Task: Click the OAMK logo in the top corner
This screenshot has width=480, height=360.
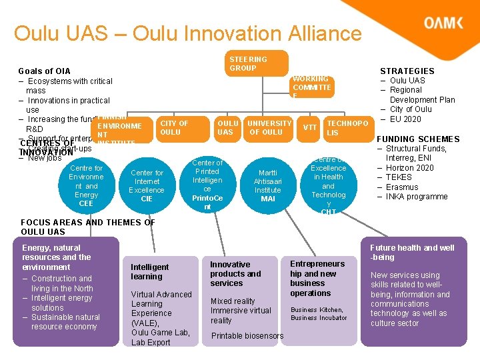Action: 443,23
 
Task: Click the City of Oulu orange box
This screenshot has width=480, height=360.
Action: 175,127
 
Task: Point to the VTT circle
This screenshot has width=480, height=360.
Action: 310,127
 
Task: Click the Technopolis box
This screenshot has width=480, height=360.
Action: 346,128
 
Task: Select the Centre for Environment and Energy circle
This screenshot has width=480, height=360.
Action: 86,185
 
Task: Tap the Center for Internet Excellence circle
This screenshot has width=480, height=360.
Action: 147,185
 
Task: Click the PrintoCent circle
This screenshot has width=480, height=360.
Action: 207,185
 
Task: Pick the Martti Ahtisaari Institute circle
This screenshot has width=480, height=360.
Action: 267,185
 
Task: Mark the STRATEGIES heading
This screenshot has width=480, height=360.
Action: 407,71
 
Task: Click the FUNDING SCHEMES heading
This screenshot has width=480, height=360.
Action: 418,139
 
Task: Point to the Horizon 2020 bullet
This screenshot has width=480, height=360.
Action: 409,168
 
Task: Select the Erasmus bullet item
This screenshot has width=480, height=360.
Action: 403,187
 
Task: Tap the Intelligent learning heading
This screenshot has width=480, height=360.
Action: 150,271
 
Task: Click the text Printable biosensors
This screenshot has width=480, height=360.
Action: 247,336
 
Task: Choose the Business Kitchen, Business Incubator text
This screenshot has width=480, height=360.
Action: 318,314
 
